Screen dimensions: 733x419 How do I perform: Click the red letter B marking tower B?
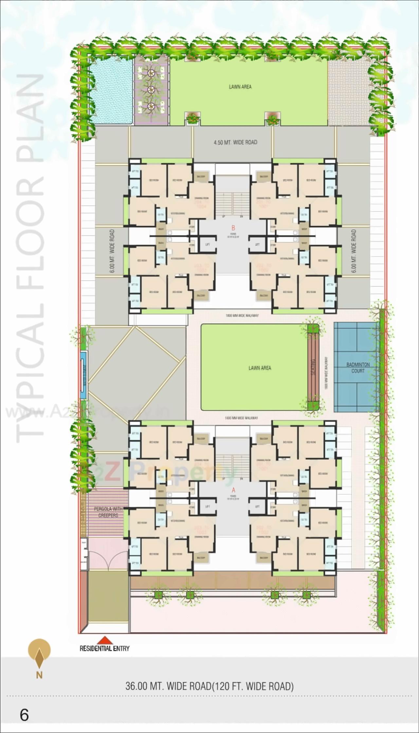click(x=233, y=228)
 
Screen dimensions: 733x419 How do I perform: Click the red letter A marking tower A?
click(x=233, y=490)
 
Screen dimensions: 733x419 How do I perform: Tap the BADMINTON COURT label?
click(x=358, y=367)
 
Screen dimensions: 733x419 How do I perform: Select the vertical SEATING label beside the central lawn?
click(x=313, y=367)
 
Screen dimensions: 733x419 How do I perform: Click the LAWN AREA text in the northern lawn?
click(x=240, y=87)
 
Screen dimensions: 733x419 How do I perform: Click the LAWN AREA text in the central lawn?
click(x=260, y=368)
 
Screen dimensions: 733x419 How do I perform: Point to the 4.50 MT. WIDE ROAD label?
click(x=235, y=142)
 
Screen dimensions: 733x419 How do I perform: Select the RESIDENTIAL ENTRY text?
click(x=104, y=648)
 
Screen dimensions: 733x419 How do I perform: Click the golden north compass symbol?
click(x=39, y=650)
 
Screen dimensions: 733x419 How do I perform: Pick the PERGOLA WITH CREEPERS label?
click(x=108, y=512)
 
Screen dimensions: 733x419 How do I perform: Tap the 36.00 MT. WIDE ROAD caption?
click(x=209, y=686)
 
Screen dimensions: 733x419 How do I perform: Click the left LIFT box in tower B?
click(x=207, y=245)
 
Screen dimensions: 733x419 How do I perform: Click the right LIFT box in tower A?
click(x=257, y=507)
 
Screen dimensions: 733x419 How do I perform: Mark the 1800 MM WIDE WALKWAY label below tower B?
click(x=242, y=315)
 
